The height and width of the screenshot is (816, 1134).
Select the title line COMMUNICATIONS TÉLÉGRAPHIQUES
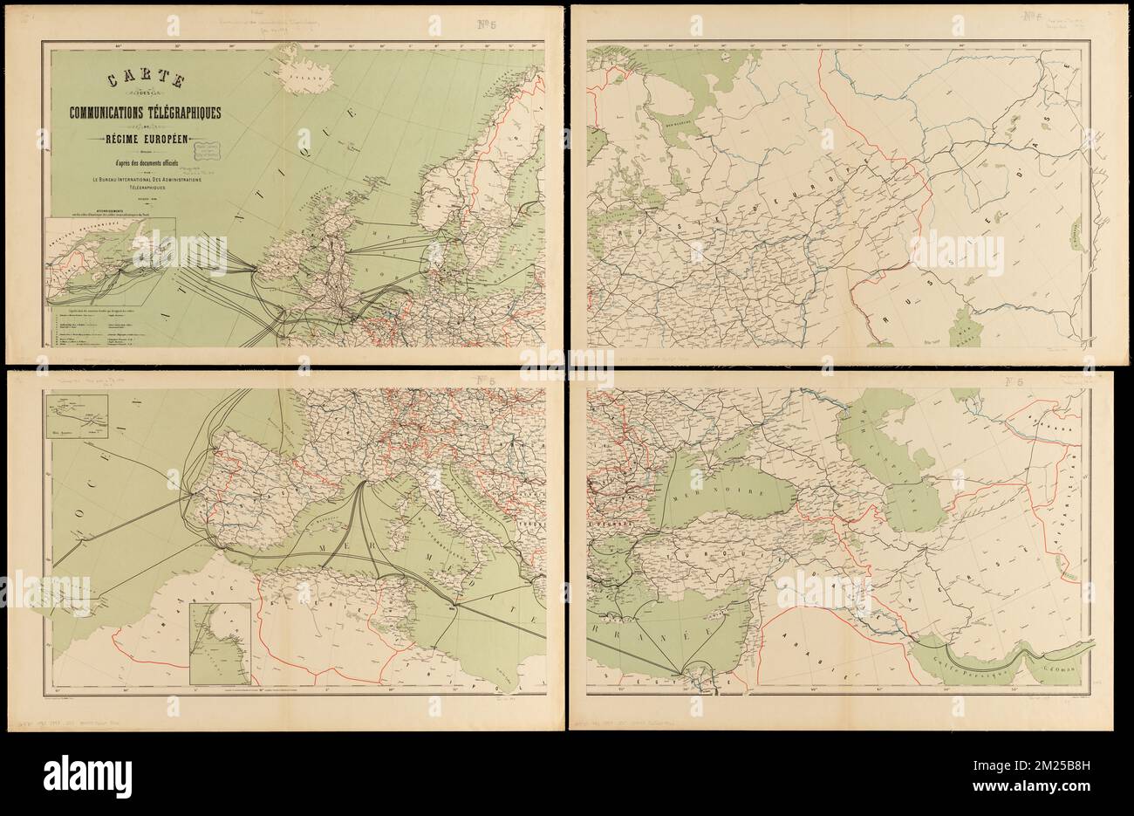click(x=140, y=113)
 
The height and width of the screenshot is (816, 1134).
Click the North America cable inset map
click(x=110, y=258)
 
